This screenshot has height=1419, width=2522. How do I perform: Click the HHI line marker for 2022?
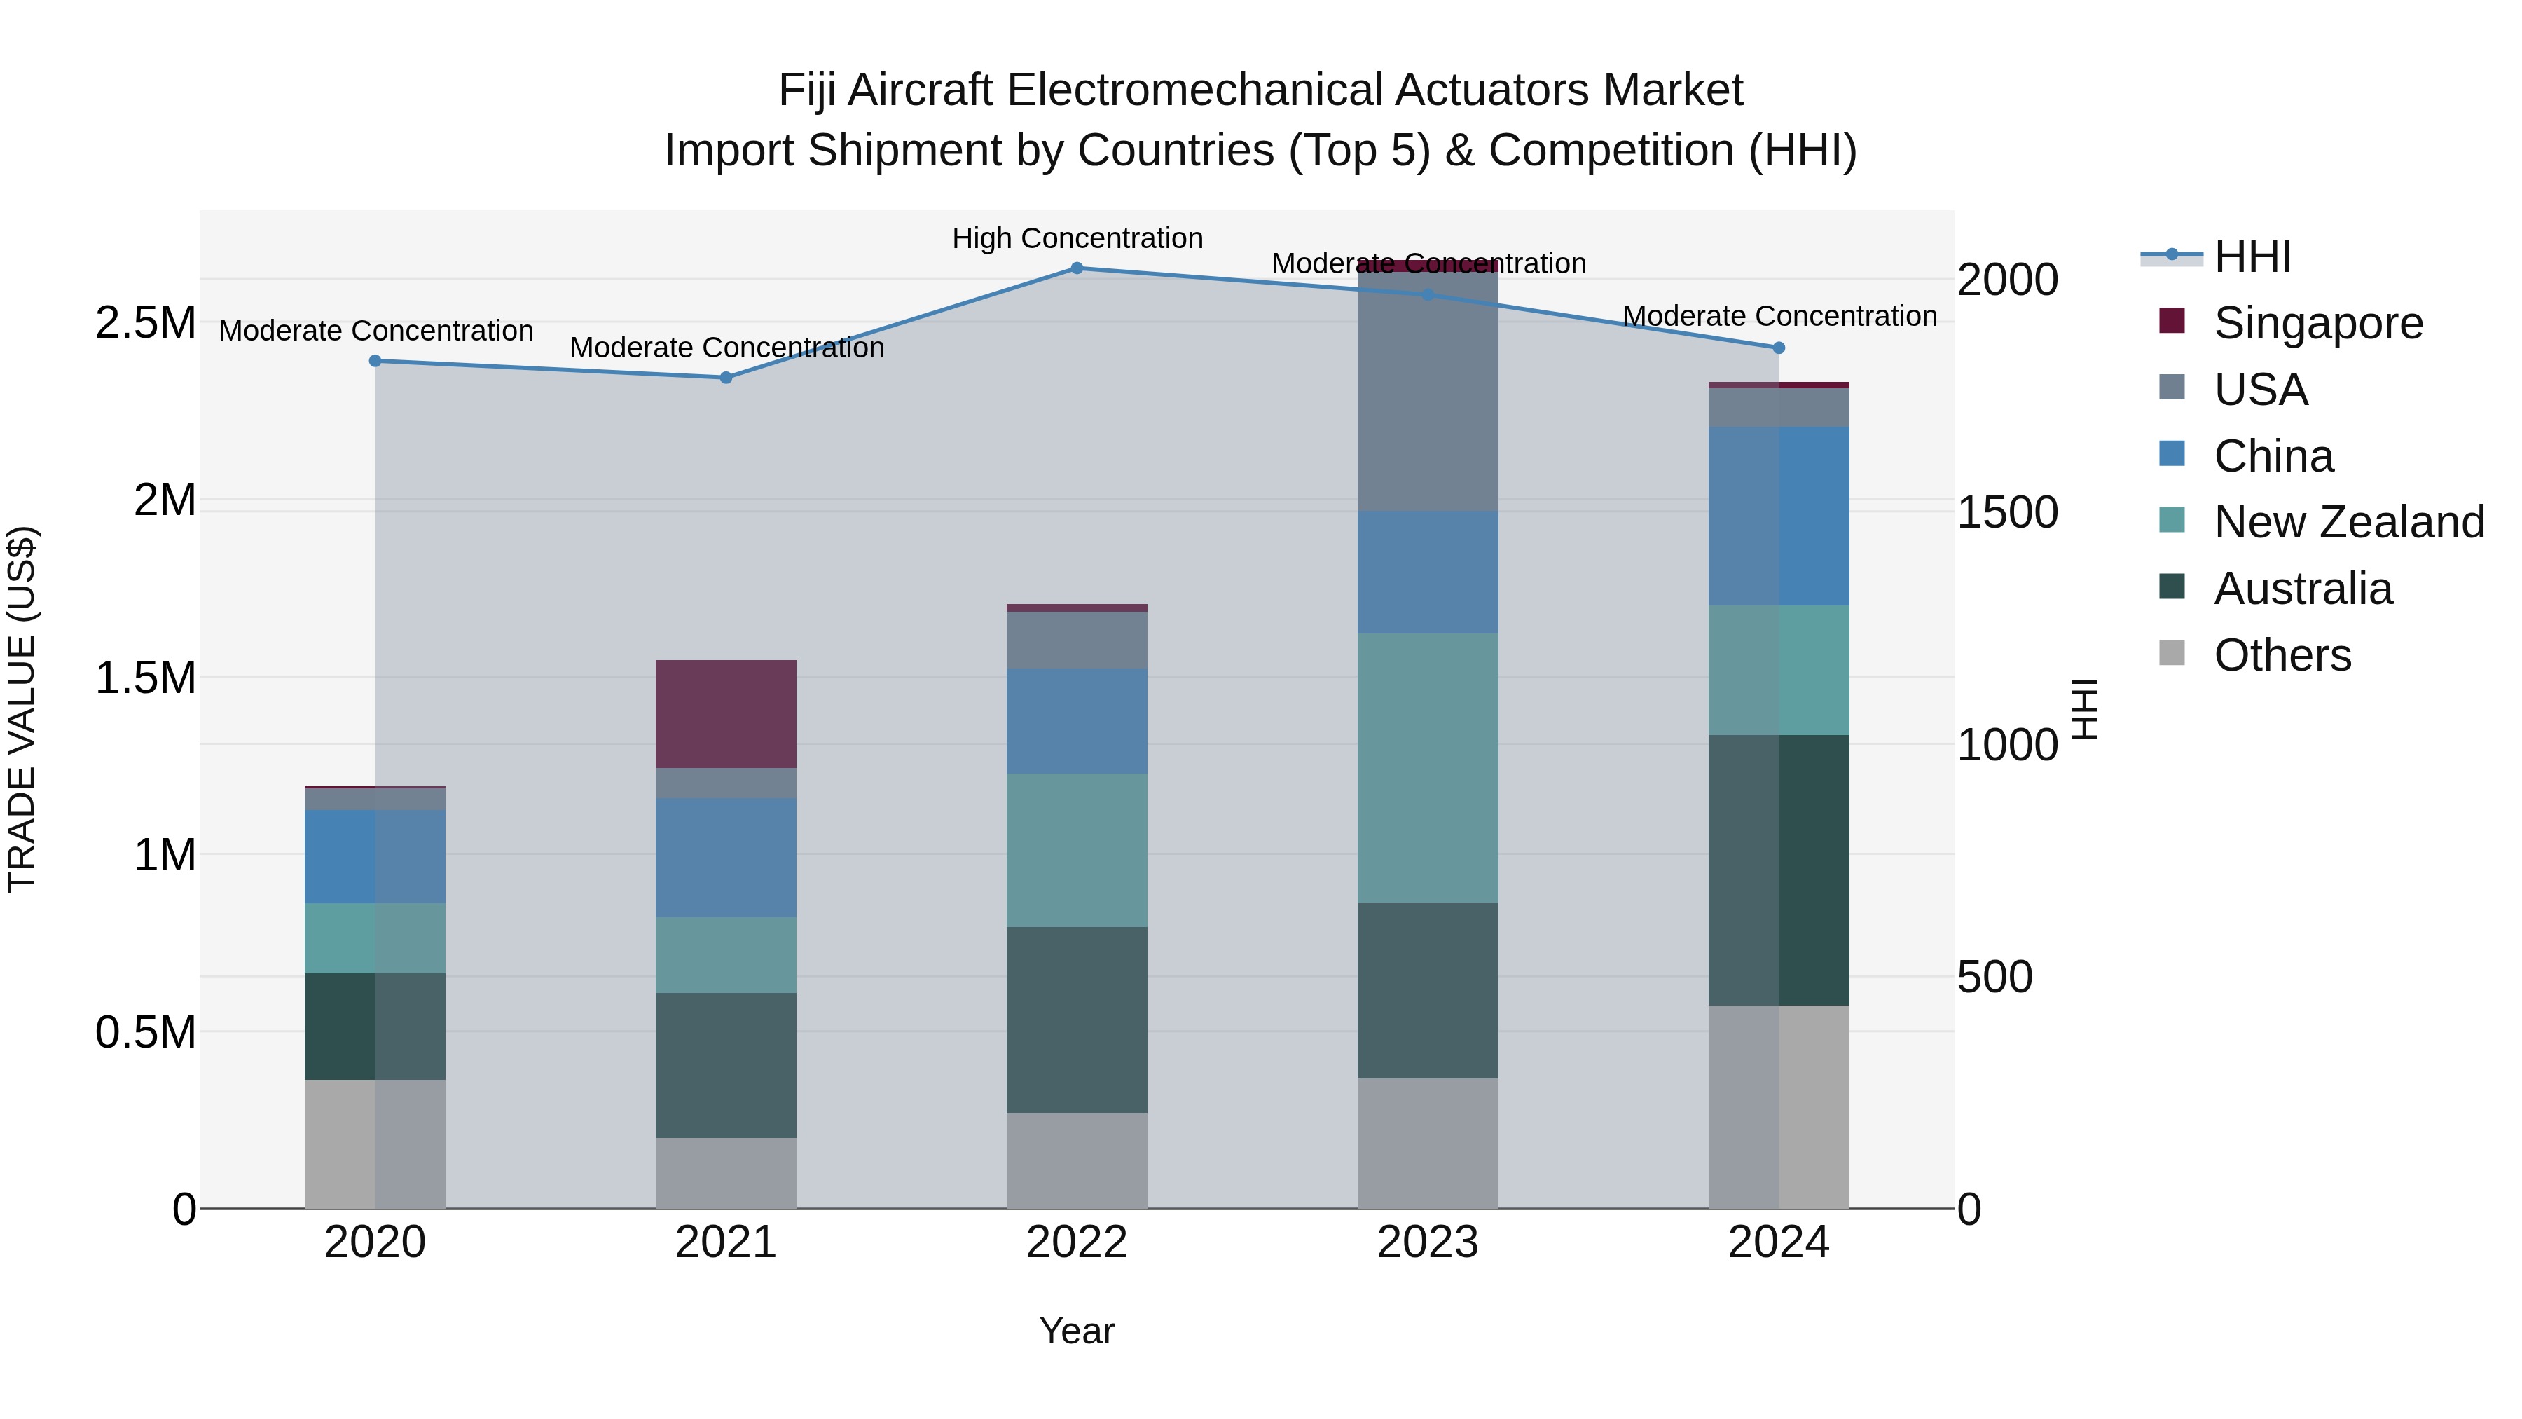1076,268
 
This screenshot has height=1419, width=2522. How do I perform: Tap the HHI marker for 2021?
726,378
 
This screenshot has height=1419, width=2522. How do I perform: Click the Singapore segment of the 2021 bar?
726,714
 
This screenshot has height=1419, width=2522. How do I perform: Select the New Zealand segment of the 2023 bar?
1428,768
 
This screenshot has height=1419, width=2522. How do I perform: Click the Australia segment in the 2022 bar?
1076,1020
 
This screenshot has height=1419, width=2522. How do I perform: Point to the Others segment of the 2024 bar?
1778,1106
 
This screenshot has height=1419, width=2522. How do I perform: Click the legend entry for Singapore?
2317,323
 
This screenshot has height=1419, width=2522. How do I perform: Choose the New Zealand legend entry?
2348,522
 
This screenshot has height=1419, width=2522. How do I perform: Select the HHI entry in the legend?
2252,256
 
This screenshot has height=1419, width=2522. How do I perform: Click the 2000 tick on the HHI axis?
2007,280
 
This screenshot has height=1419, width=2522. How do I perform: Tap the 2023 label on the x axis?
1428,1242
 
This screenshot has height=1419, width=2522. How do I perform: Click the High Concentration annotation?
1077,238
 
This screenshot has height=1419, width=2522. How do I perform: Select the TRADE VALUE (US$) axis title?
22,709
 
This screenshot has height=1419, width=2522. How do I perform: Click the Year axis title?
1076,1331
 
